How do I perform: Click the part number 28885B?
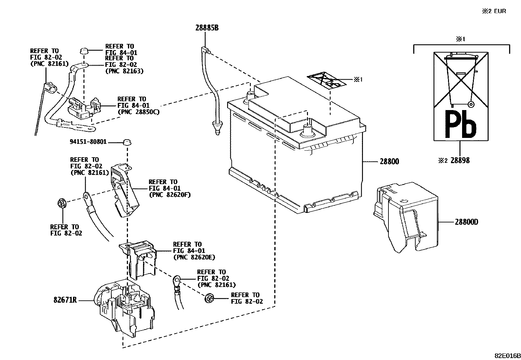click(207, 28)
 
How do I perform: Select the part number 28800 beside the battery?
click(389, 161)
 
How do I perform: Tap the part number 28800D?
click(466, 222)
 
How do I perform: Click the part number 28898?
click(459, 161)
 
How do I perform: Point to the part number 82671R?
click(65, 300)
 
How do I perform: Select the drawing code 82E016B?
click(507, 355)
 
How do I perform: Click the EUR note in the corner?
click(494, 11)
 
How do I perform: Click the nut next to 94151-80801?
click(127, 142)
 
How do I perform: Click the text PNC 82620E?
click(194, 257)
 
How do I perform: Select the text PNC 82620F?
click(170, 195)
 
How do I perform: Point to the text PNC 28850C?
click(138, 112)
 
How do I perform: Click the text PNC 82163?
click(124, 71)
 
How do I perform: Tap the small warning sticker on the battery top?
click(326, 80)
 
